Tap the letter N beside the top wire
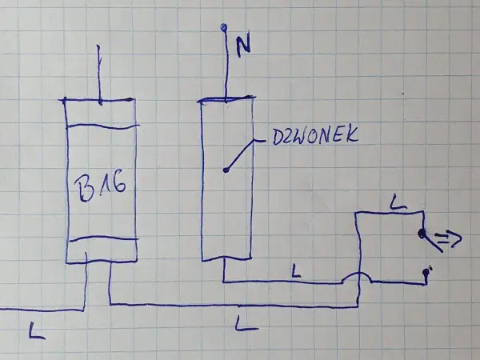(x=243, y=44)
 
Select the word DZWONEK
(x=315, y=136)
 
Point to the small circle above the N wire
(x=224, y=28)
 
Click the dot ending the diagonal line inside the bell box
(x=226, y=170)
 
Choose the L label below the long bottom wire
(x=246, y=324)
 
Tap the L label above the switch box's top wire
(x=399, y=202)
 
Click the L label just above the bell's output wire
(x=295, y=271)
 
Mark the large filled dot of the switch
(x=422, y=234)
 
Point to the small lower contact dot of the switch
(x=426, y=272)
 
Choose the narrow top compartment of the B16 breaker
(x=102, y=113)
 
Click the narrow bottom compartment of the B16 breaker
(x=102, y=250)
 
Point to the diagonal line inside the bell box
(x=241, y=155)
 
